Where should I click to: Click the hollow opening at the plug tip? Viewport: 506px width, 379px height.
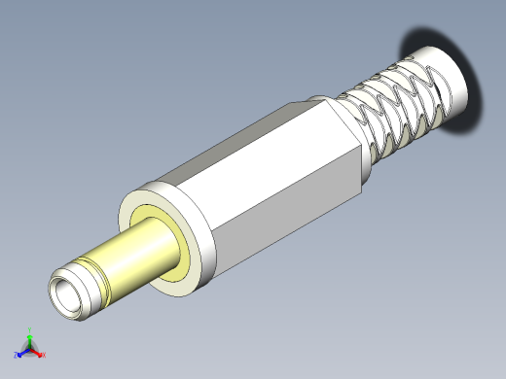[67, 294]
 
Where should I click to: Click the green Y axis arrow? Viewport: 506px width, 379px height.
[30, 339]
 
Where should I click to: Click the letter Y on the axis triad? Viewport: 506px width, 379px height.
[30, 330]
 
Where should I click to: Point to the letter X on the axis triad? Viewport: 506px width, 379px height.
[44, 356]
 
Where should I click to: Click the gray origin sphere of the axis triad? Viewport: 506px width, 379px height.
[30, 349]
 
